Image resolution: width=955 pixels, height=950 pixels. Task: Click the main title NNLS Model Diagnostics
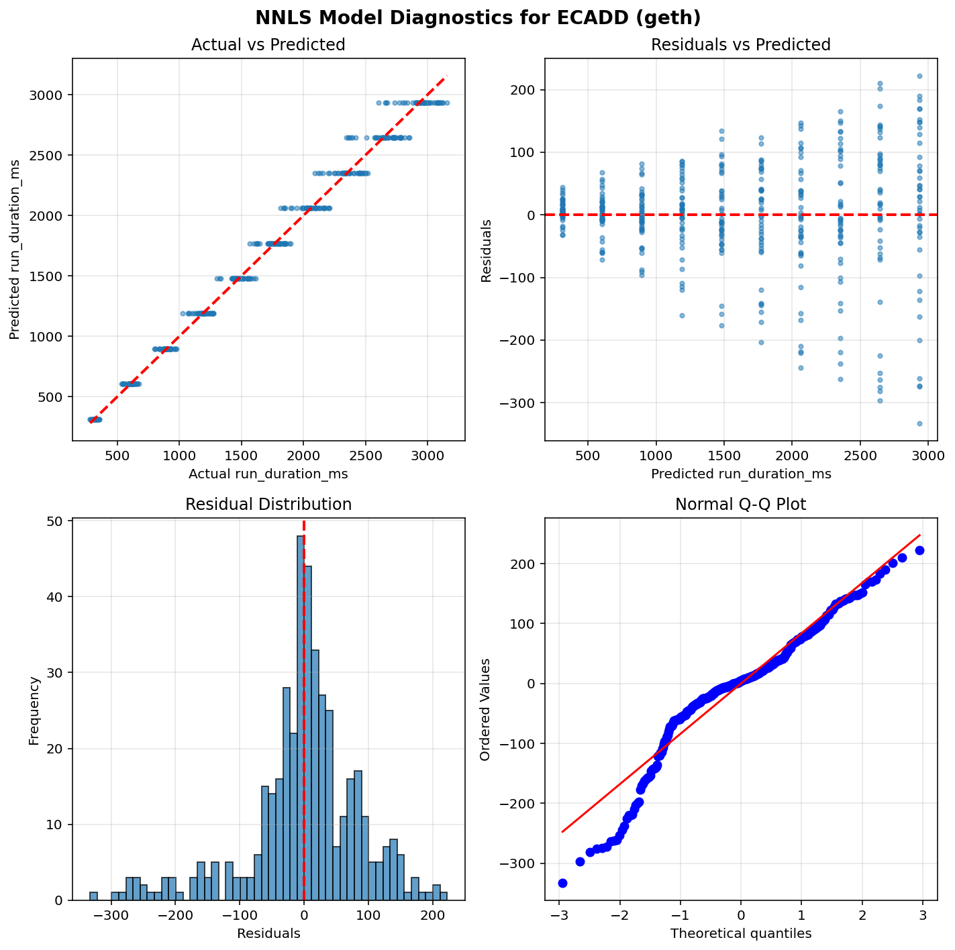(x=477, y=18)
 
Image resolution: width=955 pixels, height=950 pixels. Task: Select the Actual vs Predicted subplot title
(x=268, y=45)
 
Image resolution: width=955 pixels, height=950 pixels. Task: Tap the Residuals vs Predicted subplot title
(x=741, y=45)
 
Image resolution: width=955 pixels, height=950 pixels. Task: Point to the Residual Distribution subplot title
(x=268, y=505)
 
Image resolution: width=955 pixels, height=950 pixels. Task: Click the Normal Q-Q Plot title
(x=741, y=505)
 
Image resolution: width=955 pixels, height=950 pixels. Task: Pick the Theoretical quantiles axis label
(x=741, y=933)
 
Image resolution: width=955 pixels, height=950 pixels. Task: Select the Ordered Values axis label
(x=485, y=709)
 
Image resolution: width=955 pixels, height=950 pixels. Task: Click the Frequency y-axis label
(x=34, y=710)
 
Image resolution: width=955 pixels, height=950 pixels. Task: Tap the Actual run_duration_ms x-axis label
(x=268, y=474)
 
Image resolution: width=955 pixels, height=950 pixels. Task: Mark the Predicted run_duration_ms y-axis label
(x=15, y=250)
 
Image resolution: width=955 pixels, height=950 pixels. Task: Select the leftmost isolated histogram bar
(x=93, y=896)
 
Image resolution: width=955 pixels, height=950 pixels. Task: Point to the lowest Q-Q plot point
(x=562, y=883)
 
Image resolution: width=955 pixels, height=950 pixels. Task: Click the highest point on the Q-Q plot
(x=919, y=550)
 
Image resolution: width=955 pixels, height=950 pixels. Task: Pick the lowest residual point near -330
(x=919, y=423)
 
